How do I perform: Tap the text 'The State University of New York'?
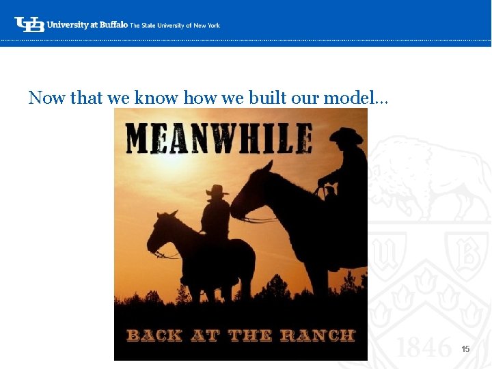175,25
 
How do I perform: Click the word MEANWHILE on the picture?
219,138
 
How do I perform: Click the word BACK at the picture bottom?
154,335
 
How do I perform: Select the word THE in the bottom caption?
249,335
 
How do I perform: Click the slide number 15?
465,349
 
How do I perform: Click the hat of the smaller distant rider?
217,191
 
